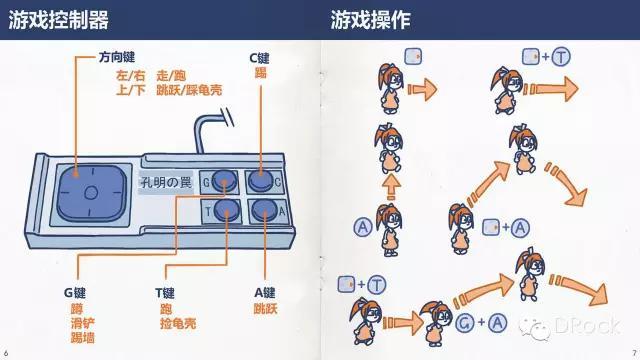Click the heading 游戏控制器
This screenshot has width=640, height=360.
[x=58, y=20]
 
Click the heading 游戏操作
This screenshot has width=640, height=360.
[x=370, y=20]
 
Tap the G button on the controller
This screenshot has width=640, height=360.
[x=225, y=180]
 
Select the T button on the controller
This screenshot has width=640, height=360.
[x=227, y=210]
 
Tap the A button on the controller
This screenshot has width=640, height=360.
[x=264, y=211]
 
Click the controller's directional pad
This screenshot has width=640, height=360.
[x=91, y=193]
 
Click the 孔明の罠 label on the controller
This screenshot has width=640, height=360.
[x=166, y=182]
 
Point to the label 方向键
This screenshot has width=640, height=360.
[x=117, y=57]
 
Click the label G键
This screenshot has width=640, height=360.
[x=75, y=293]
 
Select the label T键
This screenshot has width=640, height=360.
[x=164, y=293]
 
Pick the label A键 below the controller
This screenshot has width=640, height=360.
[x=264, y=293]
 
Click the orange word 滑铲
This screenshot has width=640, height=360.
[x=82, y=323]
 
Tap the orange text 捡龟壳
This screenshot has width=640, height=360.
[x=178, y=323]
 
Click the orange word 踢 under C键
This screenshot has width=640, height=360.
[x=260, y=73]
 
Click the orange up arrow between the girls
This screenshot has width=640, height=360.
[x=391, y=187]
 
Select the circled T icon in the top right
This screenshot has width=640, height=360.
[x=561, y=57]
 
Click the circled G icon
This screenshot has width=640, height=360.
[x=464, y=323]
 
